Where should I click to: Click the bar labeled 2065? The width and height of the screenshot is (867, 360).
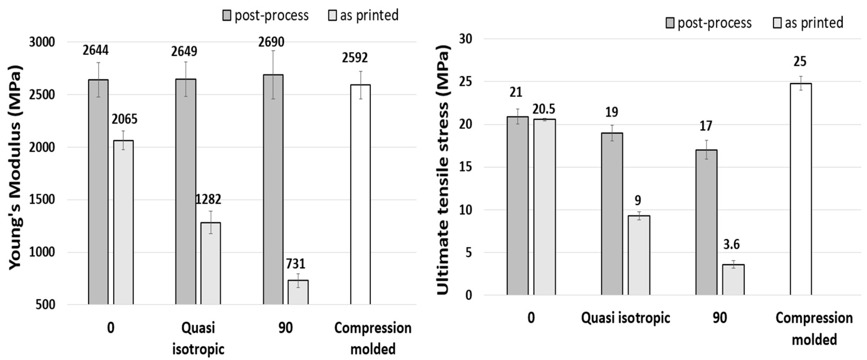[x=123, y=222]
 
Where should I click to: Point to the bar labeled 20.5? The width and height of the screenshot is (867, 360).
[x=544, y=207]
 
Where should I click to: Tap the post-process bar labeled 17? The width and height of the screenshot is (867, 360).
[x=706, y=222]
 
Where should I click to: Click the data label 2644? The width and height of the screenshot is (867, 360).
[x=96, y=51]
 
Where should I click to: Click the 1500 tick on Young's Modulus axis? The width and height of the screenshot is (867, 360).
[x=42, y=199]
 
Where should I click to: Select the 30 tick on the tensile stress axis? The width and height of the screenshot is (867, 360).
[x=466, y=39]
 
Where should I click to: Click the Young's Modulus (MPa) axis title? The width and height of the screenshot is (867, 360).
[x=15, y=167]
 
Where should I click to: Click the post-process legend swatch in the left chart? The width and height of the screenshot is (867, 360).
[x=227, y=15]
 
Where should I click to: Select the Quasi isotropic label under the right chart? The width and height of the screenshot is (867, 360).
[x=625, y=318]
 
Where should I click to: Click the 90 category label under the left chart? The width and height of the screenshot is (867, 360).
[x=285, y=328]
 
